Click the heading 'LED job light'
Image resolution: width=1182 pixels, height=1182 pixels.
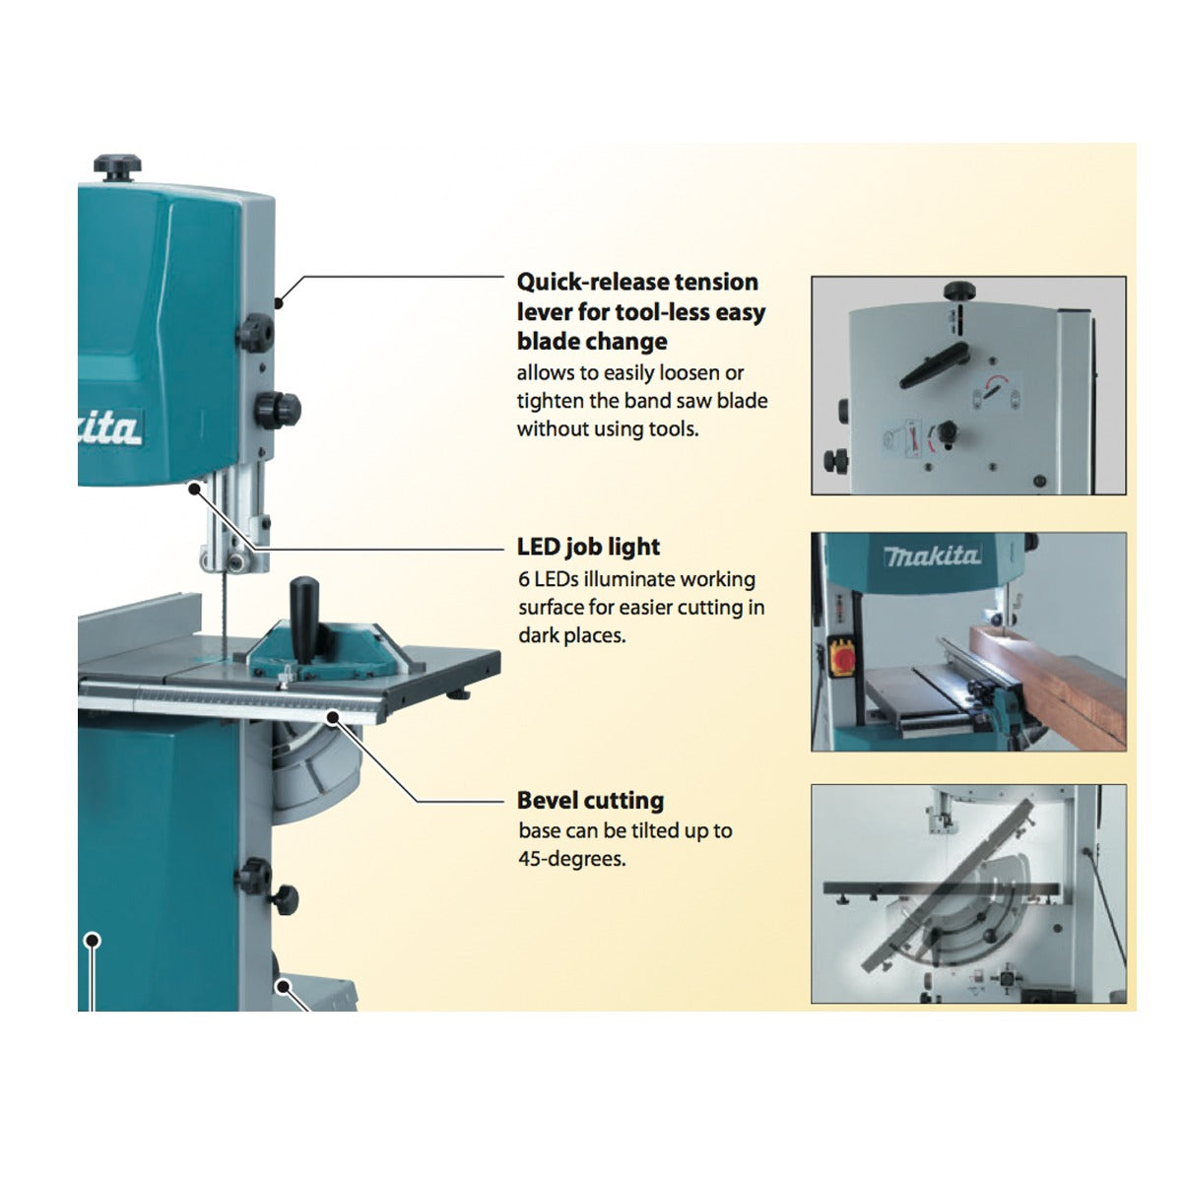pos(588,547)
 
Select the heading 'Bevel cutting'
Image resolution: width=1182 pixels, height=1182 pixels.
pos(590,800)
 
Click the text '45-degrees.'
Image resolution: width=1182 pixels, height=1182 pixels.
pos(571,859)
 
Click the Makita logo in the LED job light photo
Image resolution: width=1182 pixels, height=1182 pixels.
pos(932,557)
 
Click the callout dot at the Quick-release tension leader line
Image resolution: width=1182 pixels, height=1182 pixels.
pos(280,302)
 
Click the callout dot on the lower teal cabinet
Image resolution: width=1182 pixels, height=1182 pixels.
pos(93,940)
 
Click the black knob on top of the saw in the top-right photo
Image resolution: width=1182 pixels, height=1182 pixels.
pos(957,292)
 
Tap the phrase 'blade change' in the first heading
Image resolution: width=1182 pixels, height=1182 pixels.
pos(592,342)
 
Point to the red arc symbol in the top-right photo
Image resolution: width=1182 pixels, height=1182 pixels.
pos(997,382)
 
